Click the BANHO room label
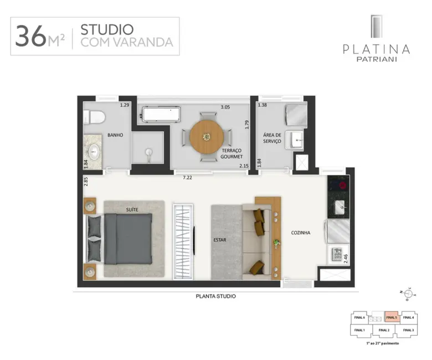click(115, 135)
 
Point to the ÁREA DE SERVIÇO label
click(272, 138)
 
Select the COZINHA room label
click(301, 233)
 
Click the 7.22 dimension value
click(188, 178)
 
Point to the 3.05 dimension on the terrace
click(225, 107)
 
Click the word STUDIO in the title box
click(106, 29)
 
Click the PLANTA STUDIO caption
click(216, 296)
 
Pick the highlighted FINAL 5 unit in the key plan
click(392, 317)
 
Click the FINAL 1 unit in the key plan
click(360, 330)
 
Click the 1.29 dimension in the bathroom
click(125, 105)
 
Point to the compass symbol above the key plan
click(406, 294)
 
